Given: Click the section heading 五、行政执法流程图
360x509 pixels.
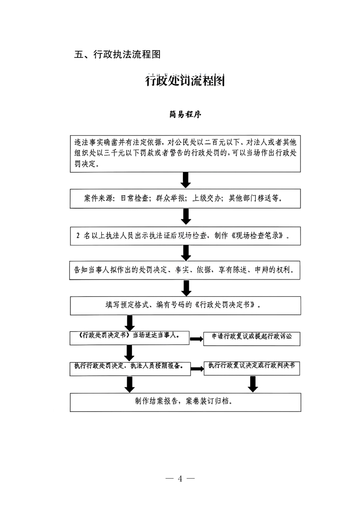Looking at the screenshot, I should (118, 55).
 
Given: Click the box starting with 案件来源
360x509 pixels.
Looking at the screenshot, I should (185, 199).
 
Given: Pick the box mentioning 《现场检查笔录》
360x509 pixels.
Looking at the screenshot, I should (185, 235).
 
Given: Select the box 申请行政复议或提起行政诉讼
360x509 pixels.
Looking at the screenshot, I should (252, 338).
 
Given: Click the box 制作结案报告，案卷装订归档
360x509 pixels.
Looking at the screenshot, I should (185, 401).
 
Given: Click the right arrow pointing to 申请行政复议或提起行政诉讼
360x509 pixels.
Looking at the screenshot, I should (196, 339).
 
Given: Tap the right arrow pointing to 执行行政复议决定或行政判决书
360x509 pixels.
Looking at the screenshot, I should (197, 368).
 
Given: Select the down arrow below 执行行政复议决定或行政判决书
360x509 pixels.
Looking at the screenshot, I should (253, 384).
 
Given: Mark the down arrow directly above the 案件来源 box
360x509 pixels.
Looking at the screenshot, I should (185, 180).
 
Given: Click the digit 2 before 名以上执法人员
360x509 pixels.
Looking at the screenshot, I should (78, 236).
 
